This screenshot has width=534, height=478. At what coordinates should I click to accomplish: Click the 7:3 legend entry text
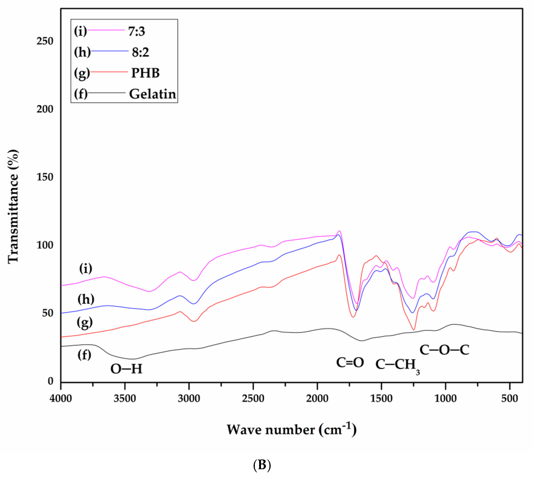(136, 31)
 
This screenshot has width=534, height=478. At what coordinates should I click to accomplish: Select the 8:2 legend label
(140, 52)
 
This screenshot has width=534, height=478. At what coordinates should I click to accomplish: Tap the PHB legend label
(145, 73)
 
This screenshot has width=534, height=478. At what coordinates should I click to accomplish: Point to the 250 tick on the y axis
(45, 41)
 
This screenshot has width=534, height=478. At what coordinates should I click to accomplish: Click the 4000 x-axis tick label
(61, 398)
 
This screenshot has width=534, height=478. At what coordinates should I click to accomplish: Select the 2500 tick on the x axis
(253, 398)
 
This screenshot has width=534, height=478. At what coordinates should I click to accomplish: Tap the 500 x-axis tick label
(510, 398)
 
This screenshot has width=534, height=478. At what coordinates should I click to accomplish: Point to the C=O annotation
(350, 362)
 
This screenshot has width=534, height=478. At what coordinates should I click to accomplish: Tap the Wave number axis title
(291, 430)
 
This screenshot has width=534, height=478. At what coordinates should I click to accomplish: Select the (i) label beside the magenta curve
(86, 268)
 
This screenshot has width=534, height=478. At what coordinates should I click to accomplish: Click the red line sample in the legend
(109, 72)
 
